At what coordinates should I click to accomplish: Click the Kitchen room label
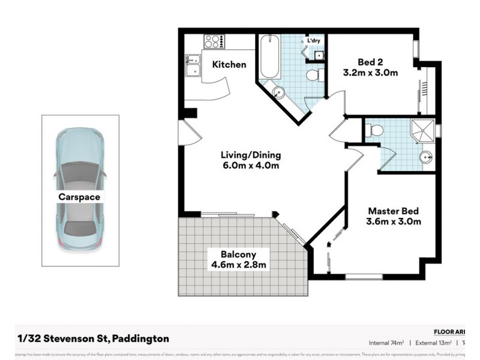[x=229, y=64]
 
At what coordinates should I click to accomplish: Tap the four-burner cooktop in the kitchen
[x=213, y=41]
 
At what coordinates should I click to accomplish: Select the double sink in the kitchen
[x=193, y=65]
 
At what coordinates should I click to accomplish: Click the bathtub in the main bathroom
[x=269, y=57]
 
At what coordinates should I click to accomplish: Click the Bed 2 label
[x=370, y=62]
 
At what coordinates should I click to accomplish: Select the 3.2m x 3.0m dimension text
[x=370, y=73]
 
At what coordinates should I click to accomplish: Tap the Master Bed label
[x=393, y=211]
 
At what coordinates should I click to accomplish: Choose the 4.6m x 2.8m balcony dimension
[x=238, y=264]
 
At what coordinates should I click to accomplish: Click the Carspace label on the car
[x=79, y=196]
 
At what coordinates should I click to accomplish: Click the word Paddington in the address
[x=139, y=338]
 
